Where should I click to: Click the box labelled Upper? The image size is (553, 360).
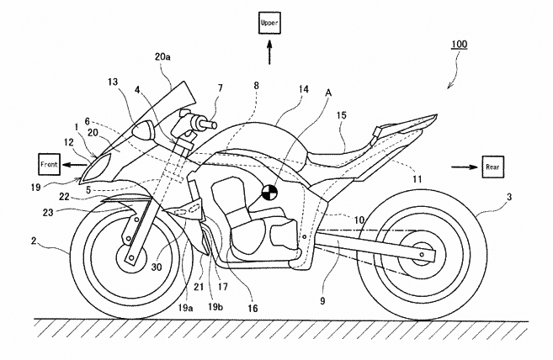(x=270, y=23)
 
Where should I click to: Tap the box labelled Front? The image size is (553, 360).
(x=50, y=164)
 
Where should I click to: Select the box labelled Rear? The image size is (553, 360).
(x=492, y=167)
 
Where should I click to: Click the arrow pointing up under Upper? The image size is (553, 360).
(x=270, y=52)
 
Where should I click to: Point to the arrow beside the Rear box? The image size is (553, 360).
(x=465, y=167)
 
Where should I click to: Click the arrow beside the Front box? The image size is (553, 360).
(x=76, y=164)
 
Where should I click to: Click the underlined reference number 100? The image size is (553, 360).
(x=460, y=45)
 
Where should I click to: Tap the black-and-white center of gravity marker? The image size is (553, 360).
(x=270, y=193)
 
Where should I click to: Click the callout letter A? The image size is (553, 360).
(x=328, y=93)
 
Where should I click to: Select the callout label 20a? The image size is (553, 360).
(x=162, y=56)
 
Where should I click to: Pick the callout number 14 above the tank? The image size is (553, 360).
(x=303, y=89)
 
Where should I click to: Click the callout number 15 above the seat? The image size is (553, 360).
(x=342, y=115)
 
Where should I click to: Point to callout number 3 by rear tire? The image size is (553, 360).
(x=508, y=197)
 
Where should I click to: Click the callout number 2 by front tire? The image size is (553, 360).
(x=34, y=241)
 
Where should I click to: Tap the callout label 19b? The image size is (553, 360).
(x=215, y=307)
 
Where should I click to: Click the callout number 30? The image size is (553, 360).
(x=157, y=267)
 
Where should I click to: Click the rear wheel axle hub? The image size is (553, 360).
(x=421, y=254)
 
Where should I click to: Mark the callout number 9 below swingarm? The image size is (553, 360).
(x=322, y=301)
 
